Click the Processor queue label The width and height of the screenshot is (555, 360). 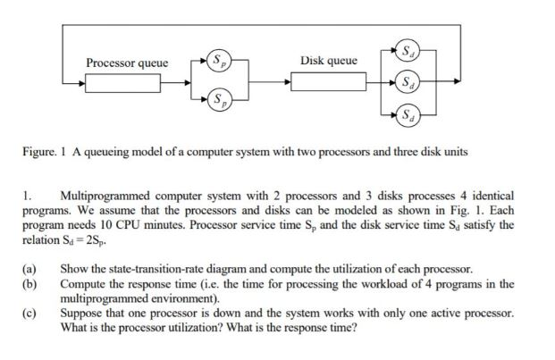coord(127,63)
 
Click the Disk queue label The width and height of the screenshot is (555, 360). coord(329,61)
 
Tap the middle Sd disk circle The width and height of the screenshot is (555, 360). coord(409,81)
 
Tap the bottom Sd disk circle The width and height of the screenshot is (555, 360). coord(409,115)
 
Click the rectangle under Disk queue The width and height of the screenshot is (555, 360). coord(327,82)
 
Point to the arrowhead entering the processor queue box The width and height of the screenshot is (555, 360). coord(82,82)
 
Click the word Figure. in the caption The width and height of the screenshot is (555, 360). coord(40,153)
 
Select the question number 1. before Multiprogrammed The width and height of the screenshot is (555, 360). coord(28,195)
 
